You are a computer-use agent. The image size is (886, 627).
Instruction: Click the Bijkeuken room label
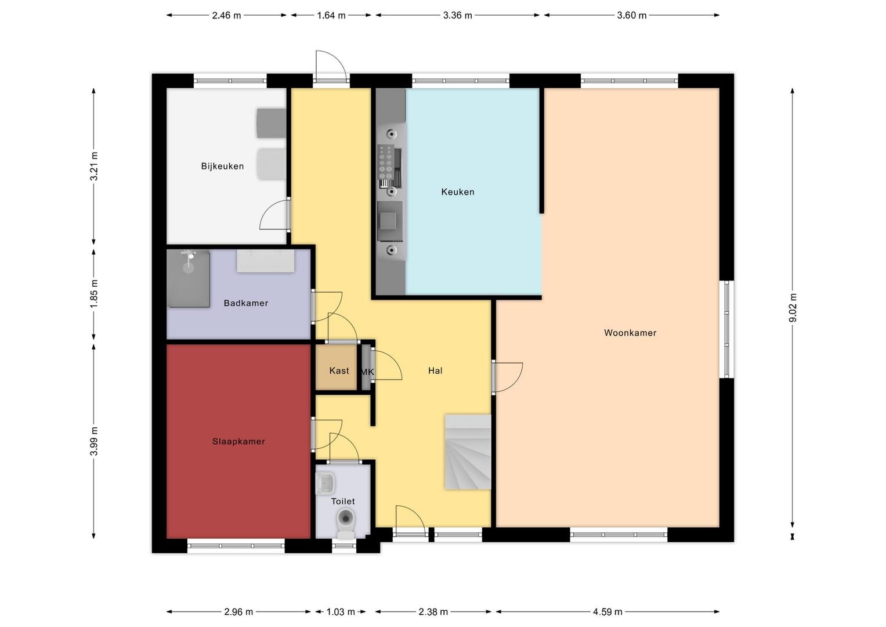tap(222, 166)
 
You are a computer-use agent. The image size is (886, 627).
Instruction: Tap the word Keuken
tap(458, 192)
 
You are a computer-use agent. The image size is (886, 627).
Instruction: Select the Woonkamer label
tap(630, 333)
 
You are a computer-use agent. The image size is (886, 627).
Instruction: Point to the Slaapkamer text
tap(238, 441)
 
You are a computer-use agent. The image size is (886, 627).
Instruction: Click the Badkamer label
tap(246, 303)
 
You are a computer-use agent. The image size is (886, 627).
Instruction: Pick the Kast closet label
tap(339, 371)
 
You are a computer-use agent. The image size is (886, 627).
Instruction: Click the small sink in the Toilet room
tap(326, 483)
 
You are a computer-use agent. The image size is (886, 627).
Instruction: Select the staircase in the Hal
tap(468, 452)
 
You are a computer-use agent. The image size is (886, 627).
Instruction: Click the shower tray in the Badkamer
tap(188, 278)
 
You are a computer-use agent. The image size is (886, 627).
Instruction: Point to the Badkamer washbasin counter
tap(265, 261)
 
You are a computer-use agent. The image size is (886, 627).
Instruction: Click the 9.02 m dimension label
tap(793, 308)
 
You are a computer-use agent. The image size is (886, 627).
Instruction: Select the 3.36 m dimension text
tap(458, 16)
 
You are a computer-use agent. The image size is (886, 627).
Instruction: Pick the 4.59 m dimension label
tap(607, 612)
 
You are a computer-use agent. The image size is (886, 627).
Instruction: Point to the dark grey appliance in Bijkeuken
tap(272, 123)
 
